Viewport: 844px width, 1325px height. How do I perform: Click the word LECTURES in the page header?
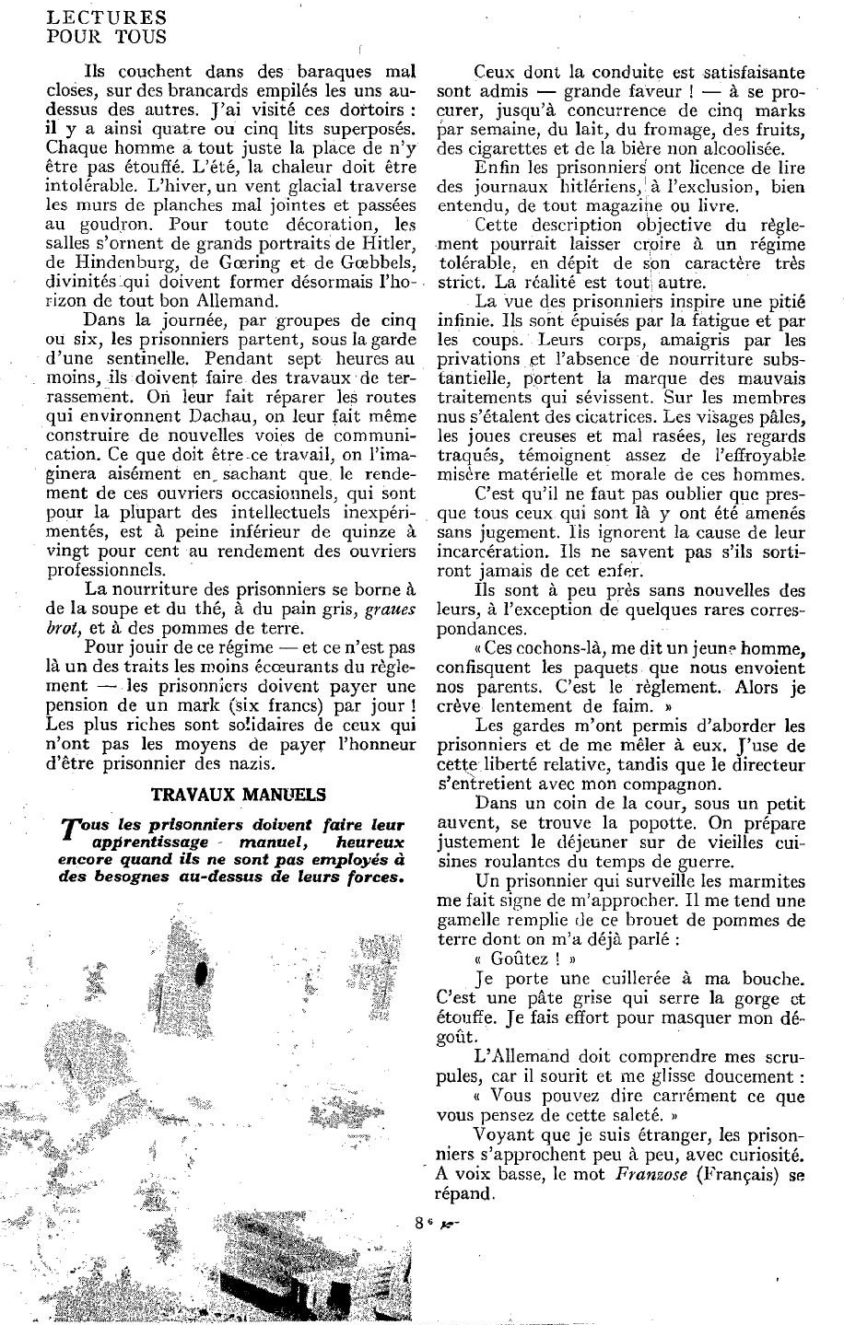(x=91, y=17)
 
